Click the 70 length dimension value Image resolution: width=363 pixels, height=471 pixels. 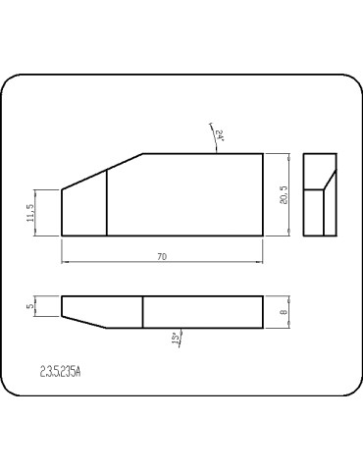[x=162, y=256]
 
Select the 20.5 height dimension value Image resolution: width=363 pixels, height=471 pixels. [x=283, y=194]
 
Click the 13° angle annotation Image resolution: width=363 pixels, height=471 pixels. [x=177, y=340]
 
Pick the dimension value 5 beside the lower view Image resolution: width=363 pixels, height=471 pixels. [x=31, y=306]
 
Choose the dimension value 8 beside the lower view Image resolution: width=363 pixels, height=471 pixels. [x=283, y=311]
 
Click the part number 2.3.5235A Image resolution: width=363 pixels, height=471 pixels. [x=61, y=372]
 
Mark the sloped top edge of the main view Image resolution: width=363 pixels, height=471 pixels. [x=103, y=172]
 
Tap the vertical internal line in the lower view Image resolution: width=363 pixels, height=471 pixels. [x=143, y=312]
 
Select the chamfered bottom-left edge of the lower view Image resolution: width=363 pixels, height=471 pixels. [x=85, y=321]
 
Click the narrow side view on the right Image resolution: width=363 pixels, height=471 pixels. [x=321, y=194]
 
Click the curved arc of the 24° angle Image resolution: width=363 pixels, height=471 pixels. [x=214, y=137]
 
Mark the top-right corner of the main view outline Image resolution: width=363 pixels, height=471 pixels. [x=263, y=154]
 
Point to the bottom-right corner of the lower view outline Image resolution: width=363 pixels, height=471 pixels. [x=263, y=327]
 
